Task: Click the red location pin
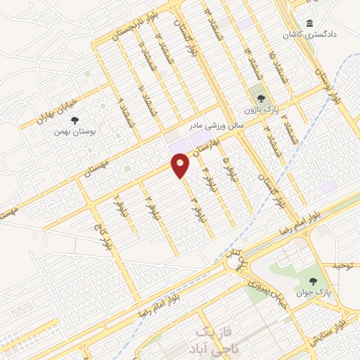tap(180, 166)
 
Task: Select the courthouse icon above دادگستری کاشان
tap(309, 22)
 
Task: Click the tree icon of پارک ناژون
tap(261, 99)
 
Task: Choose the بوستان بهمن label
tap(77, 131)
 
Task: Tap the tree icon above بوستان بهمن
tap(76, 120)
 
